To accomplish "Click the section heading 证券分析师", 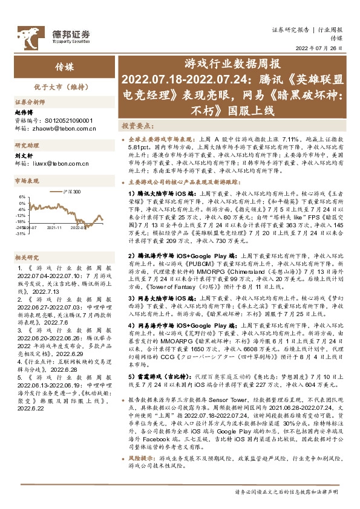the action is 30,103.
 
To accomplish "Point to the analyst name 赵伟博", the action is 25,112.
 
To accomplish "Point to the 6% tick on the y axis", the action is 22,197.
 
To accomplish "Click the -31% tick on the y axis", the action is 21,233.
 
